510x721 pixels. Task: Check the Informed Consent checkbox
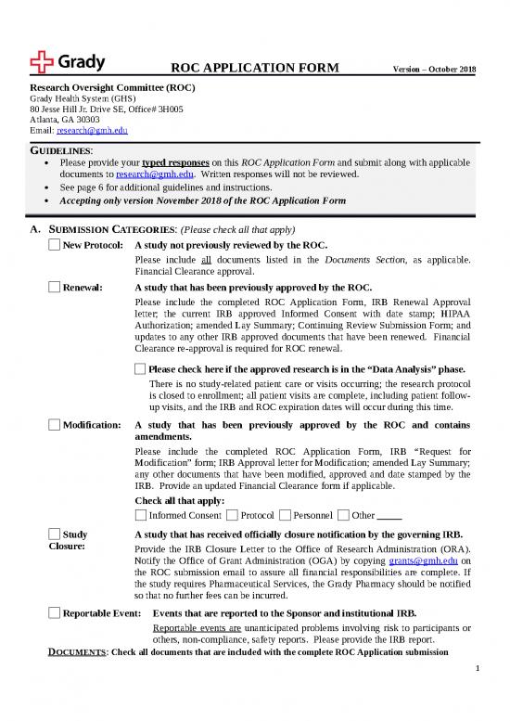click(x=140, y=515)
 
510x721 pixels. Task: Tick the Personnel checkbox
click(x=286, y=515)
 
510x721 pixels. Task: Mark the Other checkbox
click(x=344, y=515)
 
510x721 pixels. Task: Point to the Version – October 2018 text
click(x=434, y=71)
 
